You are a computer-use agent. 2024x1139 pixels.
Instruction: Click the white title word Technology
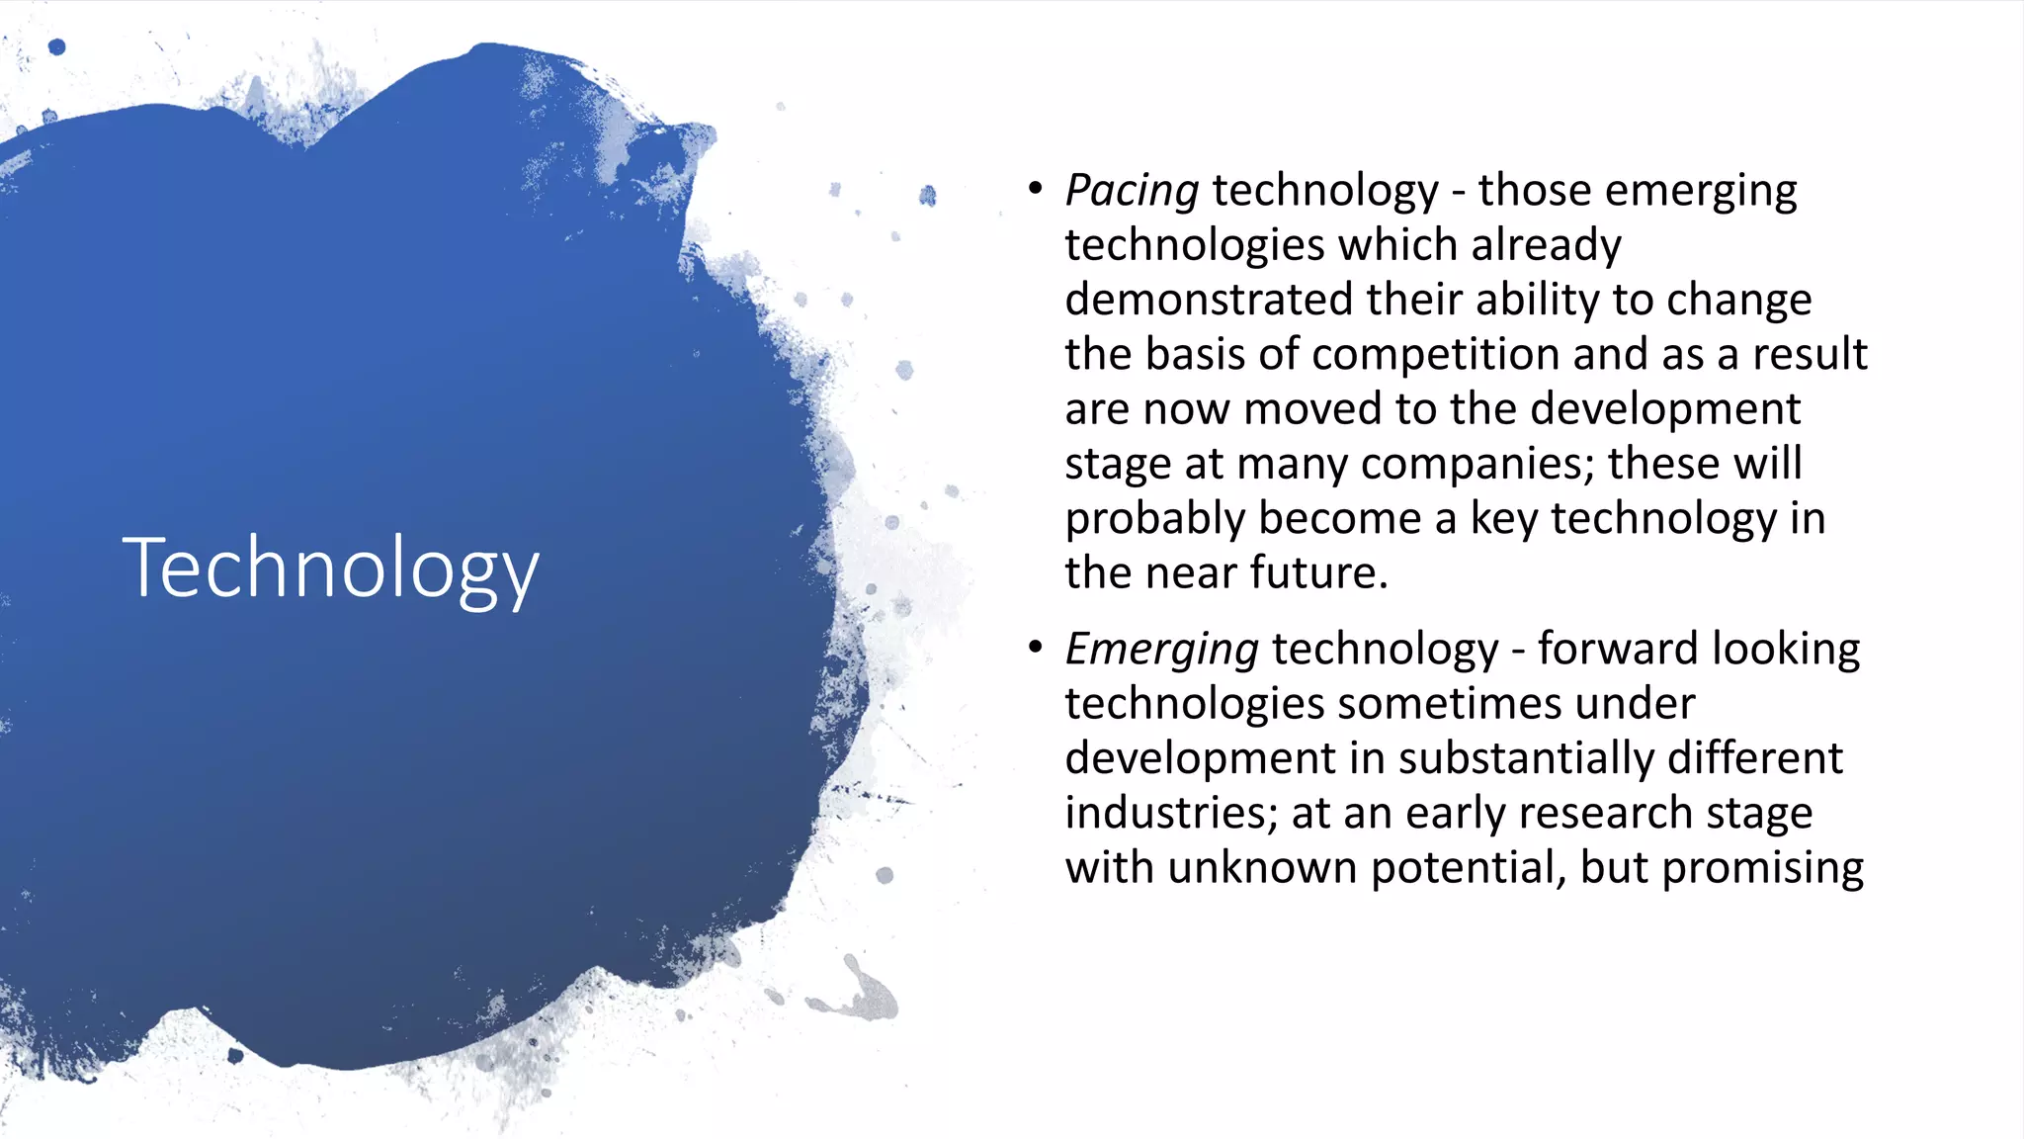point(330,568)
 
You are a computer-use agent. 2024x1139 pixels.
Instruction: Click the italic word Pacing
point(1132,191)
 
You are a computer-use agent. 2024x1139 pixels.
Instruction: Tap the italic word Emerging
point(1161,650)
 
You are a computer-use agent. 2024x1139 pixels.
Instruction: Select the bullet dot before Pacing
point(1035,188)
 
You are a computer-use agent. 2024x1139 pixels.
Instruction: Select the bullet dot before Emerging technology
point(1035,647)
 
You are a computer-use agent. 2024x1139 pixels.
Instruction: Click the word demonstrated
point(1208,300)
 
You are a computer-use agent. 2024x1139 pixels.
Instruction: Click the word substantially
point(1525,758)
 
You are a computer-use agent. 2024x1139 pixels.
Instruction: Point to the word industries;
point(1171,813)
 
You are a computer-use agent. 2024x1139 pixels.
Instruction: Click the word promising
point(1762,868)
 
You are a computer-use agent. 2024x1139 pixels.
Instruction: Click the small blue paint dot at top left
point(57,46)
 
